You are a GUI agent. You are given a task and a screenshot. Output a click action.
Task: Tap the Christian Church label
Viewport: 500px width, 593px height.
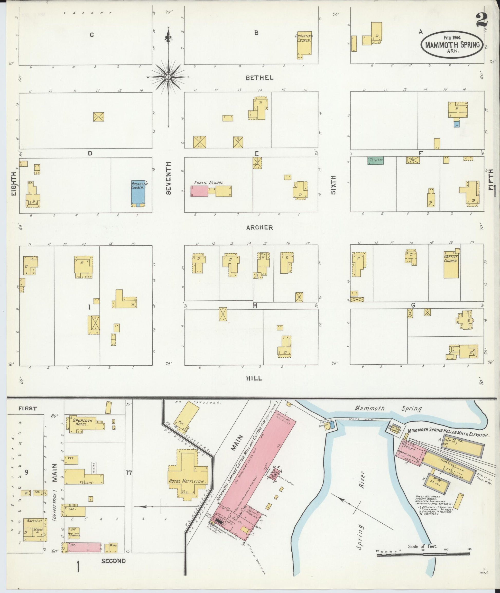304,38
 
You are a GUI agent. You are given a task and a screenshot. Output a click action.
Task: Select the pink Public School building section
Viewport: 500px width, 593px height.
199,191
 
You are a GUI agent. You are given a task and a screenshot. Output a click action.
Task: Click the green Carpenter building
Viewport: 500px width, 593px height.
376,160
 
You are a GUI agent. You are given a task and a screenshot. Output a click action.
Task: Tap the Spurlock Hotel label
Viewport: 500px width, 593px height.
81,422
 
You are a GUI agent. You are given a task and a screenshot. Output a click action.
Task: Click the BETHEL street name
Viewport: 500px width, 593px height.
259,78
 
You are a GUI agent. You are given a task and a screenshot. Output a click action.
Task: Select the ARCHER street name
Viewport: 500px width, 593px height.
259,228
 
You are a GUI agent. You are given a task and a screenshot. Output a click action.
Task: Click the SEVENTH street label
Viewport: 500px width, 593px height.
169,178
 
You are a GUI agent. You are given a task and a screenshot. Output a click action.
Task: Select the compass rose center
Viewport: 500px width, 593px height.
168,77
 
